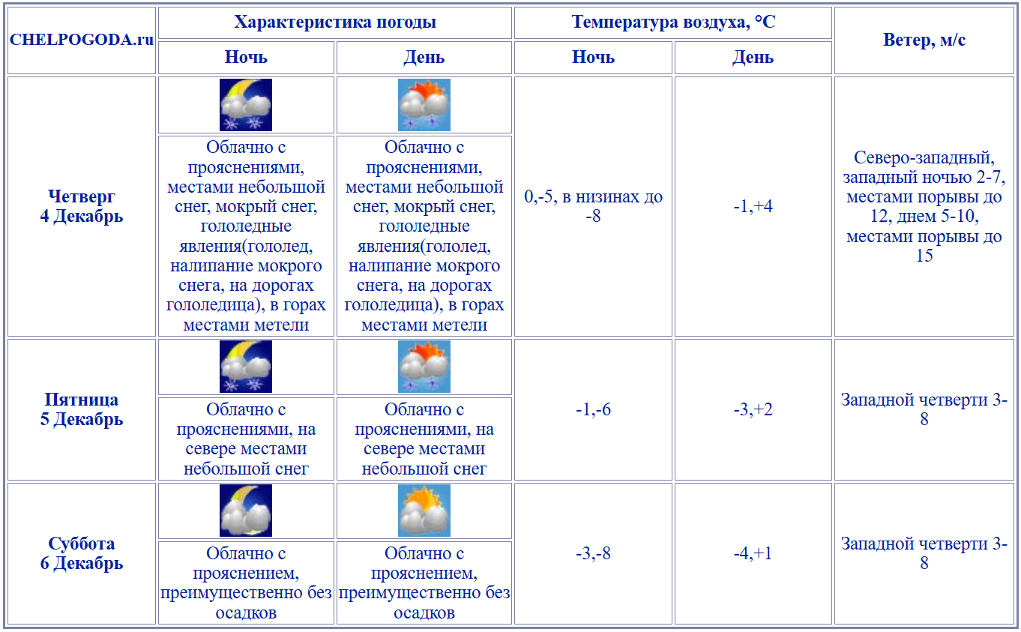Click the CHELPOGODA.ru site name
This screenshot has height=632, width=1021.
(82, 40)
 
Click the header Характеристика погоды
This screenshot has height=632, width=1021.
(335, 22)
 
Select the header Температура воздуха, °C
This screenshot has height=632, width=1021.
(673, 22)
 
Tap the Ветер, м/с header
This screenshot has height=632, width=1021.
(924, 40)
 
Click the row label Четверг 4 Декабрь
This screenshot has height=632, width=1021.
(82, 206)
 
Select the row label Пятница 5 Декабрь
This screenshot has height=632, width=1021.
(82, 409)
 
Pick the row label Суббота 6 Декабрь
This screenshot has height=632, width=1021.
(82, 553)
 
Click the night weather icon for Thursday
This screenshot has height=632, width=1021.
(246, 105)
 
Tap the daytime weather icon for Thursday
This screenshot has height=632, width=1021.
(424, 105)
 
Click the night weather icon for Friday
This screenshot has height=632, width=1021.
(246, 367)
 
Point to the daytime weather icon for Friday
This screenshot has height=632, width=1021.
(424, 367)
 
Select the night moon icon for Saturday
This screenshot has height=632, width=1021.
(246, 511)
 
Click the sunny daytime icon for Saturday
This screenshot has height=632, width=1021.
(424, 511)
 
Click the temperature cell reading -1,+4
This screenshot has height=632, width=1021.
(753, 206)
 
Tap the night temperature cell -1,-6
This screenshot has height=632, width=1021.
(593, 409)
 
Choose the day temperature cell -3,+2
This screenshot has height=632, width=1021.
(753, 409)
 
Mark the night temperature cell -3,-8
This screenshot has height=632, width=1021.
(593, 553)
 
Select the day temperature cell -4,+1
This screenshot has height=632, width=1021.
(753, 553)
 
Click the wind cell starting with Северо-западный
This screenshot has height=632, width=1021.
(924, 206)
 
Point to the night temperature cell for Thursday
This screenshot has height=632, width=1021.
(593, 206)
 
